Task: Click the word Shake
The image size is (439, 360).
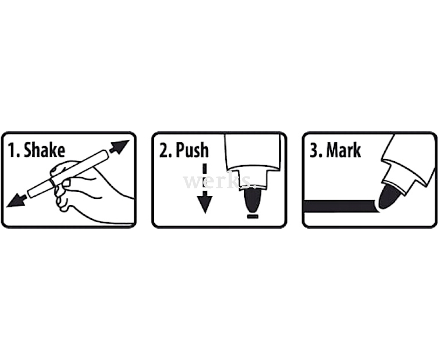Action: point(44,150)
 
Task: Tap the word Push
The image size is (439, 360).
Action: point(192,150)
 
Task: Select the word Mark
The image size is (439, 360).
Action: point(344,150)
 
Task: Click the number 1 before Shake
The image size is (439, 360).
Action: point(12,150)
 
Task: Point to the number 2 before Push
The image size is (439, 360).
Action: point(164,150)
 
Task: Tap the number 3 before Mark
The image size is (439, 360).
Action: point(314,150)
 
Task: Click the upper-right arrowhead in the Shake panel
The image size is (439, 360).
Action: point(120,147)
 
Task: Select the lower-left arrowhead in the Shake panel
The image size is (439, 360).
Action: point(16,200)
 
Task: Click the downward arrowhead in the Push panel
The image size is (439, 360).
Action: point(205,204)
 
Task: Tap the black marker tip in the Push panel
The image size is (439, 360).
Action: point(252,200)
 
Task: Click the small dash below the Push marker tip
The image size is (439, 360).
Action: point(252,216)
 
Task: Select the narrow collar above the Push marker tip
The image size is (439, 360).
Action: point(253,179)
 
